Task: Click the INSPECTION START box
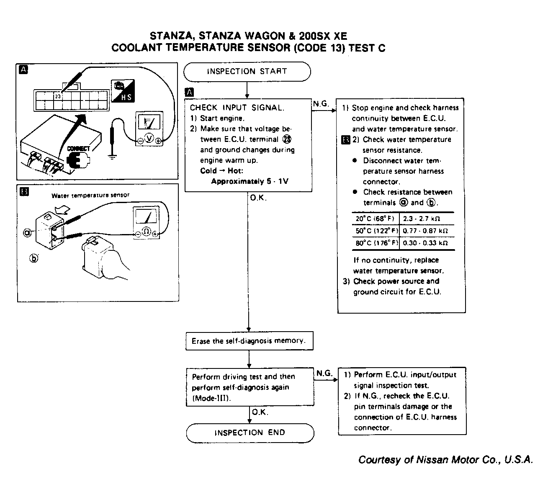247,72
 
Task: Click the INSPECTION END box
250,433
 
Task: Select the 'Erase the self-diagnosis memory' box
250,341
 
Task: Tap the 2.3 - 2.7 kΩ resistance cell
422,219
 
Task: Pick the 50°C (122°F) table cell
376,231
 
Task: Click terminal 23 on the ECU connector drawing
57,96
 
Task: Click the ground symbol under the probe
112,156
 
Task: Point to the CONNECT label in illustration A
78,149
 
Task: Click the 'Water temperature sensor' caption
90,195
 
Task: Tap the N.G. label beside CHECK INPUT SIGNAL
321,103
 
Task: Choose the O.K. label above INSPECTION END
260,412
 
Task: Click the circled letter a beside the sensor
28,232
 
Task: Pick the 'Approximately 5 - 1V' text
250,181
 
